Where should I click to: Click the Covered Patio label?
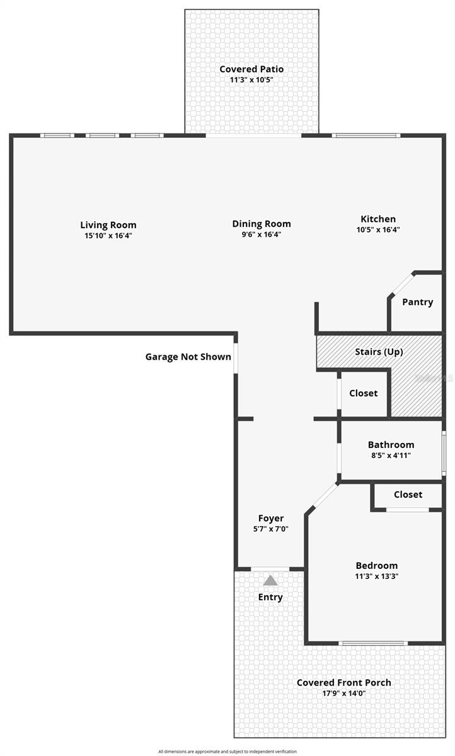(x=251, y=69)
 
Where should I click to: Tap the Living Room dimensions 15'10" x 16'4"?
(x=108, y=235)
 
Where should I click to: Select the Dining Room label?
(x=261, y=224)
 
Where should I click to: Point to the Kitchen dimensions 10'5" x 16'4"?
(x=378, y=230)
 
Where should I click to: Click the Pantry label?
(x=417, y=302)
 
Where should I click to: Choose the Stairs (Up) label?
(x=379, y=352)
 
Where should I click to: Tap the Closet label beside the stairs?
(x=363, y=393)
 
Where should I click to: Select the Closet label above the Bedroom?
(x=408, y=495)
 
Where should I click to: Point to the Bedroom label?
(x=376, y=565)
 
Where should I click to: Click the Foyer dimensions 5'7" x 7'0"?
(x=270, y=529)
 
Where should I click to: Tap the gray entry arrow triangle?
(x=270, y=580)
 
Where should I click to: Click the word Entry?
(x=270, y=597)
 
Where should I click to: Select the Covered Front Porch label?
(x=343, y=682)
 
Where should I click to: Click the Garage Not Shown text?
(x=188, y=357)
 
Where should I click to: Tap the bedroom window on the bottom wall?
(x=373, y=643)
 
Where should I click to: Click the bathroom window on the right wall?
(x=444, y=452)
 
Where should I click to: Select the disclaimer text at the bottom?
(x=227, y=751)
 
